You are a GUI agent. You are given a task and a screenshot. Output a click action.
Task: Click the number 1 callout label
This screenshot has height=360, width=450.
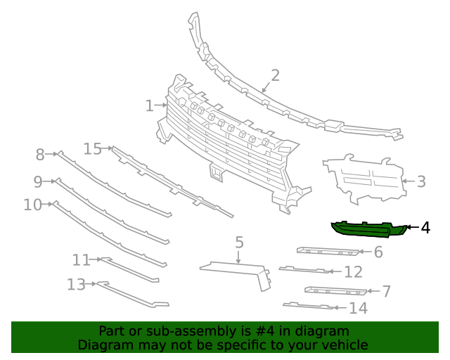point(149,106)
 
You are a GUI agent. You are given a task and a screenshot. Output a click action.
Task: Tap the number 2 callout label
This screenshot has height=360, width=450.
point(275,75)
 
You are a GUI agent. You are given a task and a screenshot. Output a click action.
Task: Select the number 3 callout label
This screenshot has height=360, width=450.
point(421,182)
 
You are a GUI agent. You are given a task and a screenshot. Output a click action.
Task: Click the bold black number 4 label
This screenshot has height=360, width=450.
point(425,228)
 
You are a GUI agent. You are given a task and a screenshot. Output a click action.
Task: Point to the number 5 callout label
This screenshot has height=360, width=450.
point(239,243)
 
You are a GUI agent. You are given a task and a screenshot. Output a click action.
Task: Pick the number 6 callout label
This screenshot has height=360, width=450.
point(378,252)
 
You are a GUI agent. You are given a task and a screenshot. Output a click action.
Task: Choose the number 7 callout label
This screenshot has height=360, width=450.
point(386,291)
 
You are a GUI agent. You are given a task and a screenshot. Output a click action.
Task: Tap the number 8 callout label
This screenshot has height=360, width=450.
point(40,154)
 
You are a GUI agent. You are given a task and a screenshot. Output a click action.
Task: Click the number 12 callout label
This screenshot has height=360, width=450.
point(353,272)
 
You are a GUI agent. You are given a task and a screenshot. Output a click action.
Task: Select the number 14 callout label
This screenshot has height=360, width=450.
point(358,308)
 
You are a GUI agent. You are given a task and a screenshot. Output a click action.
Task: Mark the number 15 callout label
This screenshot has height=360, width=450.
point(93,148)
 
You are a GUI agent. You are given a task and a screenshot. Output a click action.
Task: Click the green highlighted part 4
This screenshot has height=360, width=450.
point(366,229)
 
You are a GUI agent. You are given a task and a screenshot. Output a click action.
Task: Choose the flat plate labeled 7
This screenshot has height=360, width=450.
point(335,290)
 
